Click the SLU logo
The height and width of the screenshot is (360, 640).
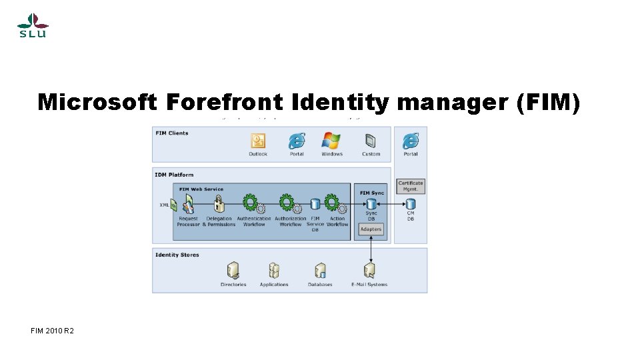pyautogui.click(x=31, y=25)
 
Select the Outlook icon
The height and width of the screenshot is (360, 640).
pyautogui.click(x=258, y=141)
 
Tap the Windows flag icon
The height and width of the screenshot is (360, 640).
pyautogui.click(x=331, y=141)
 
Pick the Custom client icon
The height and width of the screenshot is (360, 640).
pyautogui.click(x=371, y=141)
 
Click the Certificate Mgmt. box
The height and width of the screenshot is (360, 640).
pyautogui.click(x=411, y=186)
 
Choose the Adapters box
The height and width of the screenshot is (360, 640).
pyautogui.click(x=371, y=229)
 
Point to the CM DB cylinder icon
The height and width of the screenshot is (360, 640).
pyautogui.click(x=411, y=203)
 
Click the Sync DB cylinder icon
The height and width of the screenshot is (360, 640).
pyautogui.click(x=371, y=203)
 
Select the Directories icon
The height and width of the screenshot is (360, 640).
pyautogui.click(x=233, y=270)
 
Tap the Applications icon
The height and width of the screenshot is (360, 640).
pyautogui.click(x=274, y=270)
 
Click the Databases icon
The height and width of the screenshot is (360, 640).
pyautogui.click(x=320, y=270)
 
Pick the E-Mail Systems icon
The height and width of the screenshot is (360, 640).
pyautogui.click(x=369, y=270)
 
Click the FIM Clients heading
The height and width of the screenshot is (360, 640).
pyautogui.click(x=172, y=133)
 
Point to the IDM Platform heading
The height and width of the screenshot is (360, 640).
pyautogui.click(x=175, y=175)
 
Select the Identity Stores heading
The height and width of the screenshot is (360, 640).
pyautogui.click(x=177, y=255)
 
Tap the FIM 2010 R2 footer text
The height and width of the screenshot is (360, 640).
pyautogui.click(x=52, y=331)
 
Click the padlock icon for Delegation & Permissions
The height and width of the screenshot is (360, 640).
pyautogui.click(x=219, y=204)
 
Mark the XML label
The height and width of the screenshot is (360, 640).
pyautogui.click(x=164, y=205)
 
